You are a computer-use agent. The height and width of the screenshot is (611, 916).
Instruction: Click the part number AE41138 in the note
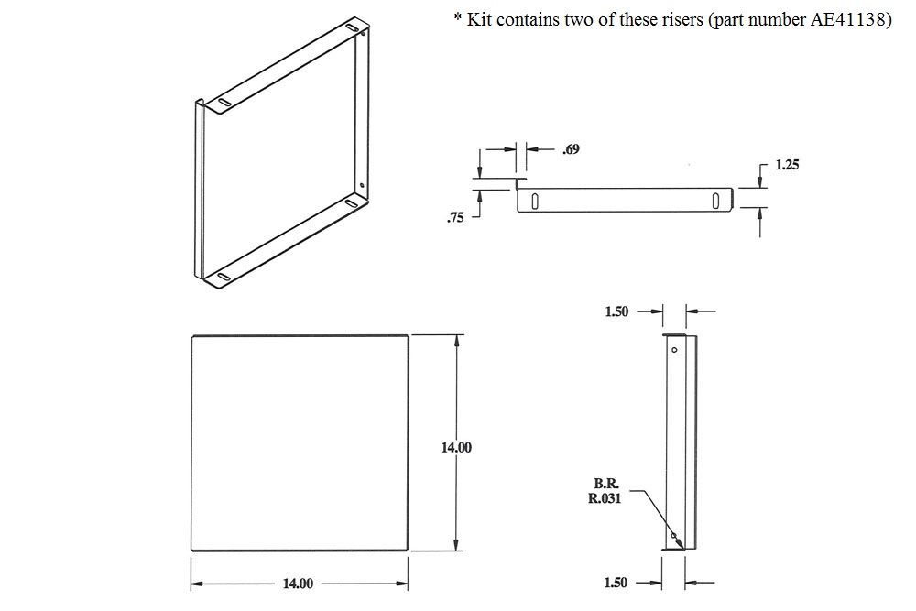tap(847, 21)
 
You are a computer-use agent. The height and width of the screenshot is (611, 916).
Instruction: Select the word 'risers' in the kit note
tap(665, 21)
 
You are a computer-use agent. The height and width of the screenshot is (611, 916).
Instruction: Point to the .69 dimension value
tap(570, 148)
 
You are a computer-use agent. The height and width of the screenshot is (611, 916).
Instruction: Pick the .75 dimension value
tap(455, 217)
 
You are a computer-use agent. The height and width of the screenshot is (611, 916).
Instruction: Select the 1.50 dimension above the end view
tap(616, 311)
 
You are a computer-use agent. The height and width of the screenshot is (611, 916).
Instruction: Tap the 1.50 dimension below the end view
tap(616, 584)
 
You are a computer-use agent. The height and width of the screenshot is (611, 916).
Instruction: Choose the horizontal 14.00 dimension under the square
tap(298, 584)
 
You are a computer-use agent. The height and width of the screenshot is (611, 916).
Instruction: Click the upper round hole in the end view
tap(674, 349)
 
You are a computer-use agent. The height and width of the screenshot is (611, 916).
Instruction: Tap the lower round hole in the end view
tap(673, 536)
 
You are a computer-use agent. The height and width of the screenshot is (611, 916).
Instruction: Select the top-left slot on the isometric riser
tap(224, 102)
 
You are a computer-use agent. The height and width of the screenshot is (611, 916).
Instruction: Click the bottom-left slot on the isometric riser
tap(223, 275)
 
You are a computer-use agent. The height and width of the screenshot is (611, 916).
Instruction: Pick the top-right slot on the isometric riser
tap(352, 30)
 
